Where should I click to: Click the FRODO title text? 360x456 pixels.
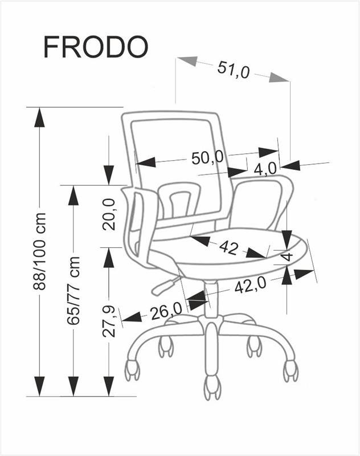(x=96, y=47)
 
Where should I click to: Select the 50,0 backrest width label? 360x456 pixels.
(x=207, y=158)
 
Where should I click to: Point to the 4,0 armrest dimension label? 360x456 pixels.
(x=265, y=169)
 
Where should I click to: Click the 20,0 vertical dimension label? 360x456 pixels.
(x=109, y=215)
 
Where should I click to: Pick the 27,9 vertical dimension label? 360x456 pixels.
(x=109, y=321)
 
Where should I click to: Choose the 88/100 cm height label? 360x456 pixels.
(x=39, y=251)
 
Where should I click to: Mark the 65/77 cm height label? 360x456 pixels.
(x=73, y=291)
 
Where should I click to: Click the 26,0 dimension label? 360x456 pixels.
(x=166, y=311)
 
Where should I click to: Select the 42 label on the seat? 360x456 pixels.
(x=228, y=248)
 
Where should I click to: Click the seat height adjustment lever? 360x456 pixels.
(x=164, y=286)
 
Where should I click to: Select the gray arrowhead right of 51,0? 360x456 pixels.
(x=279, y=78)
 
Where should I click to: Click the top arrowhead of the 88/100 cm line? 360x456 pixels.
(x=39, y=117)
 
